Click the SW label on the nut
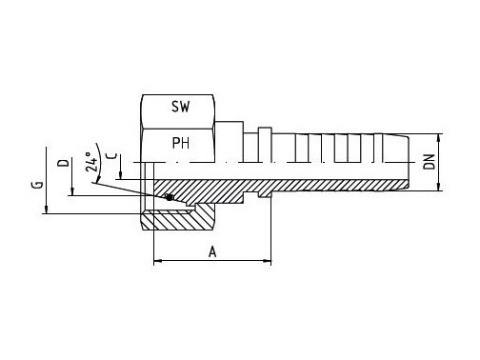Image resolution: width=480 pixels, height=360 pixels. (x=180, y=107)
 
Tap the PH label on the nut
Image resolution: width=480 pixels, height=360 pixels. (x=181, y=143)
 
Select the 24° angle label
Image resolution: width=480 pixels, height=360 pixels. (x=91, y=162)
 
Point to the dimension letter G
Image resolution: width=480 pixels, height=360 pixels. (x=38, y=185)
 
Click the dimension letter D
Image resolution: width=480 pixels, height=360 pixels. (x=63, y=163)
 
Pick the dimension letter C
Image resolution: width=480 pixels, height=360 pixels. (x=112, y=156)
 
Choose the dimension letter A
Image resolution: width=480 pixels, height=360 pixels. (x=212, y=252)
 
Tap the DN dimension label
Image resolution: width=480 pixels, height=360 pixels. (x=430, y=162)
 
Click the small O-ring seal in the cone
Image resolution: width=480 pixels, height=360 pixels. (x=170, y=197)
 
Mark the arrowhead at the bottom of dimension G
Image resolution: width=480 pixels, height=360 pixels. (x=46, y=210)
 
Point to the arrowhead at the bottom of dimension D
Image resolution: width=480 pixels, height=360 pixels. (x=72, y=191)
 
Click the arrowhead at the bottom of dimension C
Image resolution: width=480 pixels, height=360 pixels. (x=121, y=175)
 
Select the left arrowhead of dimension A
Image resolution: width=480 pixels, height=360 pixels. (x=158, y=261)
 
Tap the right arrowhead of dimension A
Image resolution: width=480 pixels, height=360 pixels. (x=267, y=261)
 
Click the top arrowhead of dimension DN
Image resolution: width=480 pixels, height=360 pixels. (x=439, y=138)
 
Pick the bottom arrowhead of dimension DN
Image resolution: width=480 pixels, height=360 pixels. (x=439, y=187)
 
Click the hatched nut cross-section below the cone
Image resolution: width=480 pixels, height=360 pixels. (x=177, y=220)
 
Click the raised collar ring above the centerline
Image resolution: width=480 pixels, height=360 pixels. (x=265, y=145)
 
